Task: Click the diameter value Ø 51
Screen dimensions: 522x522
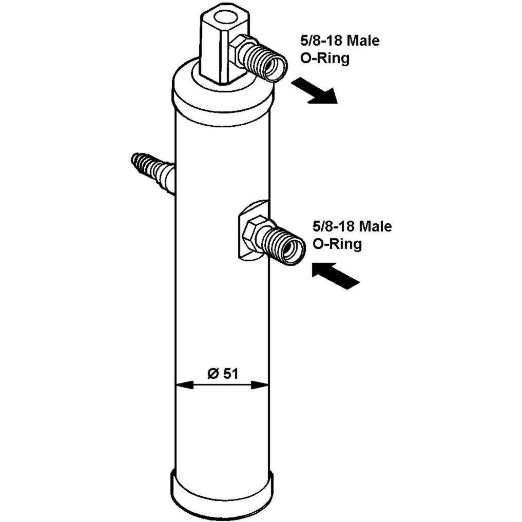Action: coord(223,373)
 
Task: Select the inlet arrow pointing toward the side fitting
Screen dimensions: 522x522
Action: coord(336,275)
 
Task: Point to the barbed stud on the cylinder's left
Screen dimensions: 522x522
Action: coord(152,170)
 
